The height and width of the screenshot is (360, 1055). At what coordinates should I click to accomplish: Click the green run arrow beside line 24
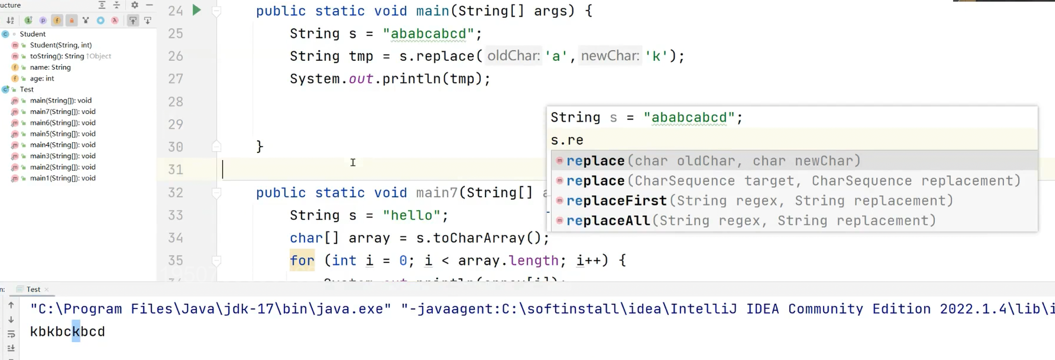(196, 10)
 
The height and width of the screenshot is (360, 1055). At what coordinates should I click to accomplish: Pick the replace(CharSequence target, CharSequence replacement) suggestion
(793, 181)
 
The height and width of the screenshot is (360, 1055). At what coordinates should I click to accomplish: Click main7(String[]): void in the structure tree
(63, 112)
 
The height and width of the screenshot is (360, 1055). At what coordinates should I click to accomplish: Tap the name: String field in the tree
(50, 67)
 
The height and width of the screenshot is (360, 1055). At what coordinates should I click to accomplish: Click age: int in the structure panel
(42, 78)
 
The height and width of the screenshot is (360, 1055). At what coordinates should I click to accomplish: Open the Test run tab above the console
(33, 290)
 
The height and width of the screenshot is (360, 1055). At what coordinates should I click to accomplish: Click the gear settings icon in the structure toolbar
(135, 5)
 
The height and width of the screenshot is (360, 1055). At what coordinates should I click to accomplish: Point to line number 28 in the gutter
(176, 102)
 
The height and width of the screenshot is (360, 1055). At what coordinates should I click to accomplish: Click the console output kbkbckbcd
(67, 332)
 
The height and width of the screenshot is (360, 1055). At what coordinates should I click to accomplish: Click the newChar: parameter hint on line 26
(610, 56)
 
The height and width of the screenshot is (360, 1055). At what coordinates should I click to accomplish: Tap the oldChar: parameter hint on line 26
(514, 56)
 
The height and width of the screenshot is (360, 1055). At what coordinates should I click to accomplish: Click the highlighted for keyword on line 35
(302, 261)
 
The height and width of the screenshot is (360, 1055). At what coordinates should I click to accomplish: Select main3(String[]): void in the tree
(63, 156)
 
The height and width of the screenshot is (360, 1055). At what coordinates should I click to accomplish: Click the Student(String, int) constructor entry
(61, 45)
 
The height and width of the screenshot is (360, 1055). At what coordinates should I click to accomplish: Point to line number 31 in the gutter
(176, 169)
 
